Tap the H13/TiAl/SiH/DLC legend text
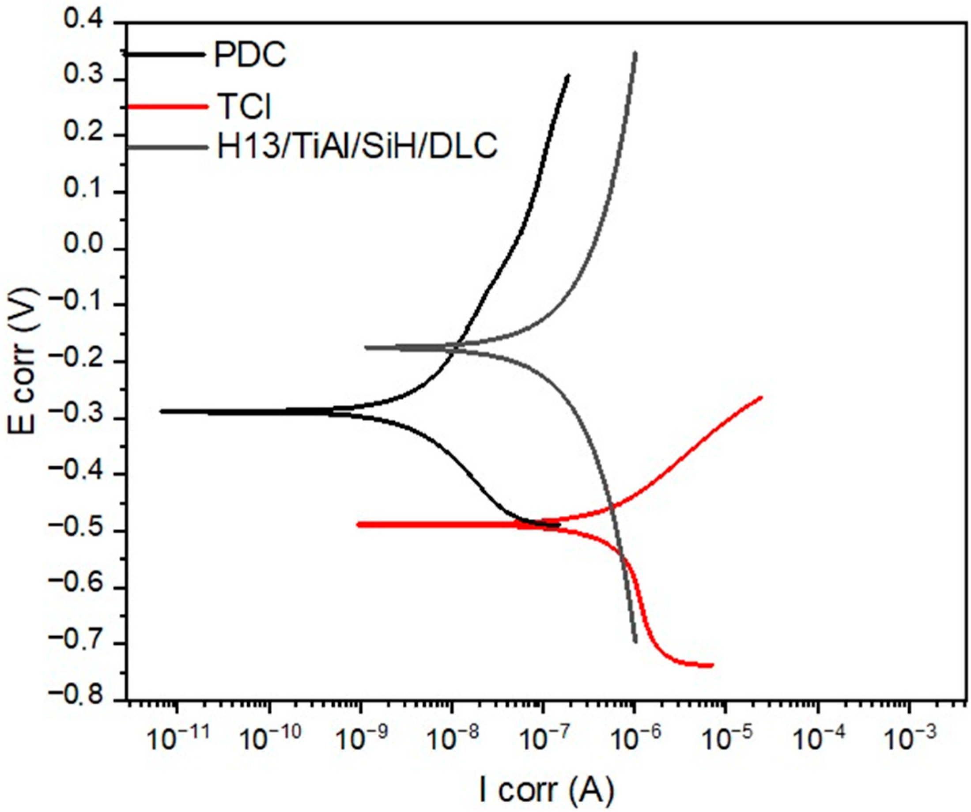tap(357, 147)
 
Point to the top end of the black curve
tap(568, 75)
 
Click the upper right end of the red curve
tap(761, 397)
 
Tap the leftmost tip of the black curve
tap(161, 411)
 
